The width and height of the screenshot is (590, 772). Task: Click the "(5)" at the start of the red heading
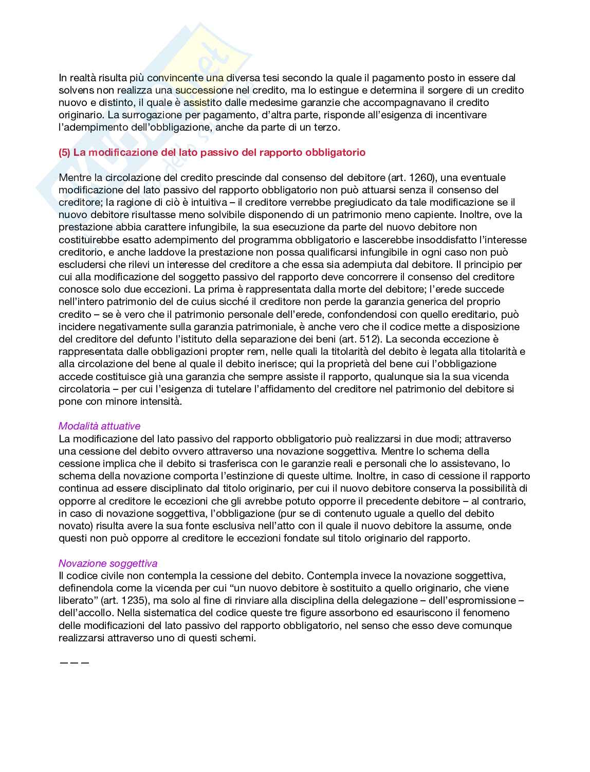pyautogui.click(x=65, y=153)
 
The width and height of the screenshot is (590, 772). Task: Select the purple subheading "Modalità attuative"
pyautogui.click(x=99, y=426)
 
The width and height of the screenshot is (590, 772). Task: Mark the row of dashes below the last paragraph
pyautogui.click(x=75, y=662)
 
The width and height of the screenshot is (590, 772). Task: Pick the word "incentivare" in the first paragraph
pyautogui.click(x=461, y=115)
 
